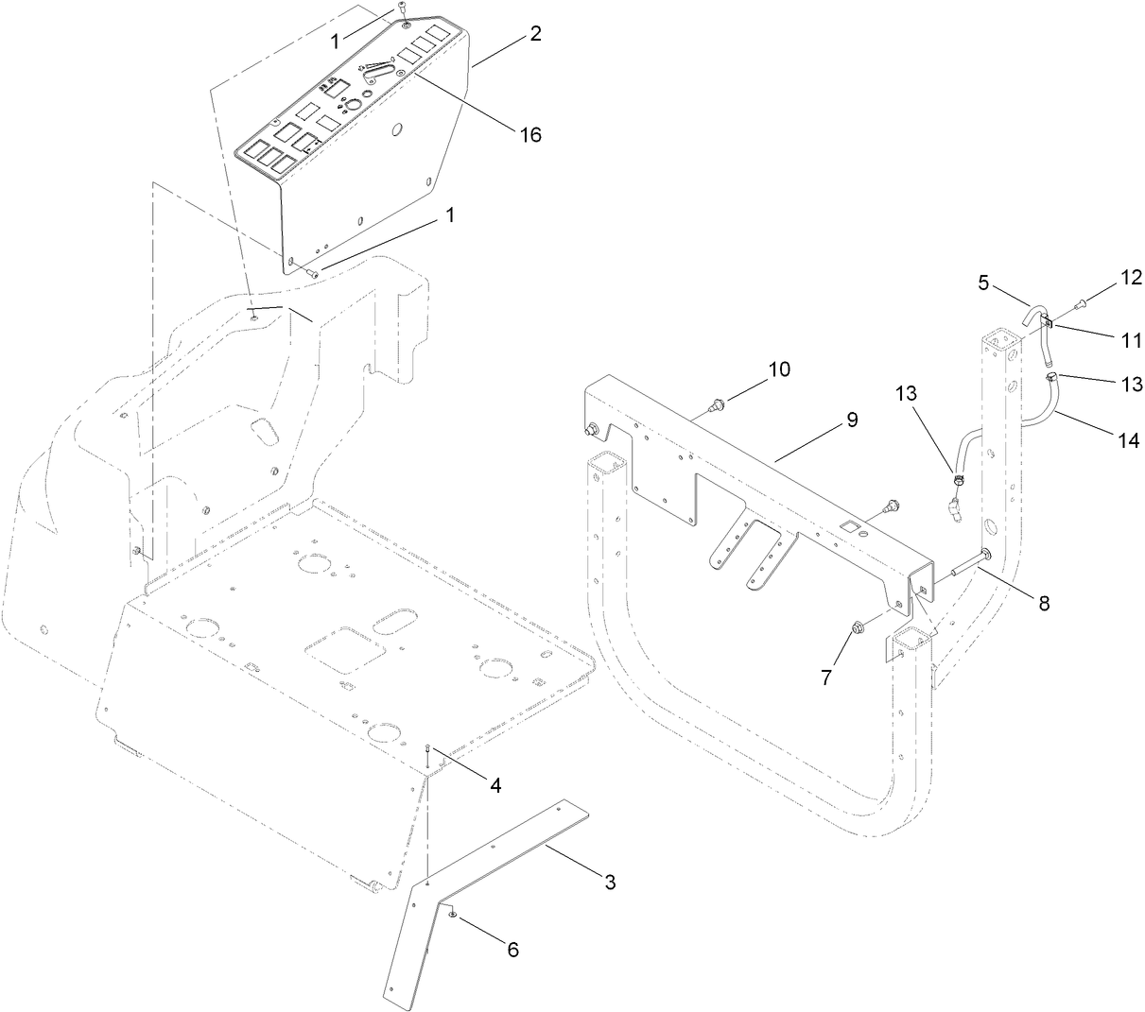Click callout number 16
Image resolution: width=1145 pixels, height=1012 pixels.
tap(529, 135)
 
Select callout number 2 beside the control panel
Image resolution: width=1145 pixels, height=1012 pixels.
tap(535, 34)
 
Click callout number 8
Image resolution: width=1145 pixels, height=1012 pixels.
tap(1043, 602)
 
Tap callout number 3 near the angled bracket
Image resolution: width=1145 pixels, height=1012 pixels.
tap(610, 882)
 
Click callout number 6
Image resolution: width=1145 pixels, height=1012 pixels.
tap(513, 950)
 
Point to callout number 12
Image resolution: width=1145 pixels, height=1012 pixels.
tap(1131, 278)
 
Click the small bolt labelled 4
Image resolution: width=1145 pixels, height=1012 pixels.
tap(429, 750)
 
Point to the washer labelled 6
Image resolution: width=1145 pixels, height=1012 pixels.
tap(454, 914)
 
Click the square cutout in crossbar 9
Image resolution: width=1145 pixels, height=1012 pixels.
tap(851, 523)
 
